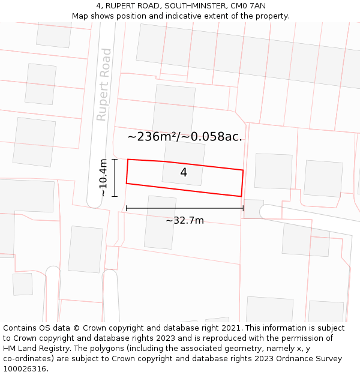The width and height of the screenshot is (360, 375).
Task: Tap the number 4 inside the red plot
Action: (184, 173)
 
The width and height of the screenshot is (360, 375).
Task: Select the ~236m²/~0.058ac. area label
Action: (185, 137)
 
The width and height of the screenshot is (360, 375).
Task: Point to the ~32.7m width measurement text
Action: (185, 220)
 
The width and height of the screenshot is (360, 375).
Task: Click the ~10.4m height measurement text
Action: (103, 178)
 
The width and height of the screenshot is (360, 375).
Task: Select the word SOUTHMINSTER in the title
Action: (190, 6)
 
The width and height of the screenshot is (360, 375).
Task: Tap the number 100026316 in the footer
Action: (25, 369)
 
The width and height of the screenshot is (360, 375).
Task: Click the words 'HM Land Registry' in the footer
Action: (34, 349)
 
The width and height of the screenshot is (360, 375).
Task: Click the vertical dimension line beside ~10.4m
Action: (114, 178)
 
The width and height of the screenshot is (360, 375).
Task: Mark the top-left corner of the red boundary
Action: (128, 160)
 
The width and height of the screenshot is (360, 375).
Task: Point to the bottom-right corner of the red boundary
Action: (241, 196)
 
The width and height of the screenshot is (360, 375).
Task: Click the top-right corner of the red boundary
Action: (243, 170)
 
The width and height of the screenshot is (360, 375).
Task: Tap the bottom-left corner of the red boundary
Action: (126, 183)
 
